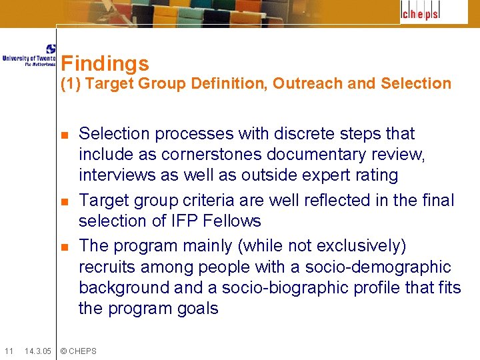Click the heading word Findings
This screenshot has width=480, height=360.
click(105, 64)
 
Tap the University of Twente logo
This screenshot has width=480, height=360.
click(29, 56)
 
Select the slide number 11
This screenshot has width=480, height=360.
click(8, 351)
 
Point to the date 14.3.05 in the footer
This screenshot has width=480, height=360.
click(37, 351)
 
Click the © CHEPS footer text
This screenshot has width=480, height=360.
click(79, 351)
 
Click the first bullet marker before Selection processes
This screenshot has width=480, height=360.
click(65, 135)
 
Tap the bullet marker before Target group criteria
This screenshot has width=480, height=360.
click(65, 201)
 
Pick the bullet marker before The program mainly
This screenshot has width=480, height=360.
click(65, 247)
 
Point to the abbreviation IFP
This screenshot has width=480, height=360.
click(184, 221)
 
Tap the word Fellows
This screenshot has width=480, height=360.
click(233, 221)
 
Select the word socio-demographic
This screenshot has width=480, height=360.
click(378, 267)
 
